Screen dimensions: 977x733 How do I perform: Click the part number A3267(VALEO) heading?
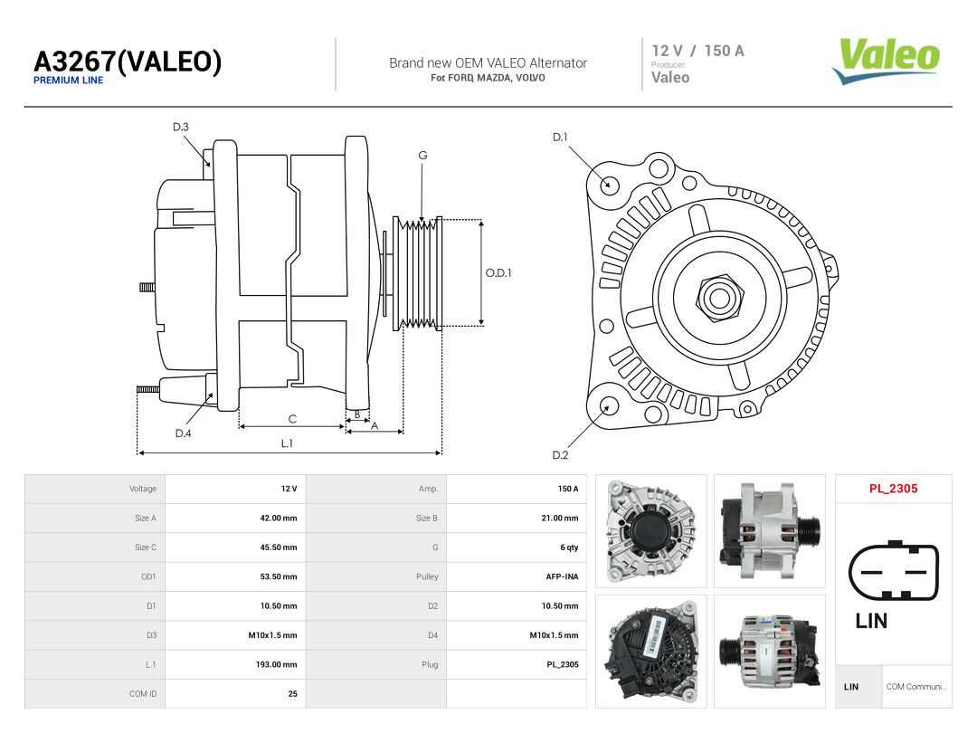(x=128, y=62)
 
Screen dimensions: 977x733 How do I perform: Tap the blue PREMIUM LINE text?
(x=69, y=81)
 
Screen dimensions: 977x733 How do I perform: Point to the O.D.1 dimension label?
(x=498, y=273)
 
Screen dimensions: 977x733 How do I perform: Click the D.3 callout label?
(x=181, y=128)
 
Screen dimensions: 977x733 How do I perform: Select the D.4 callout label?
(x=183, y=433)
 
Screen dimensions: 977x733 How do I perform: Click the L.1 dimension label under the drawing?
(x=287, y=443)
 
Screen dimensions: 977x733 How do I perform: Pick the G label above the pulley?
(x=422, y=156)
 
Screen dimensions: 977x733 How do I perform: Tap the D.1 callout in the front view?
(x=560, y=138)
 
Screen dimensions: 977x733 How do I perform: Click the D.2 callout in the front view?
(x=560, y=455)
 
